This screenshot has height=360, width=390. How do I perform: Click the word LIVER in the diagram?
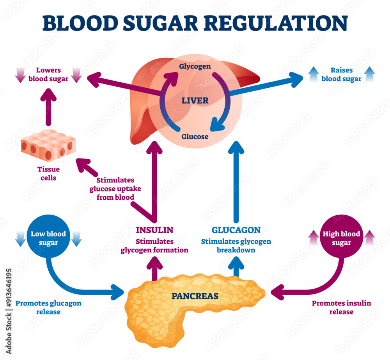click(x=195, y=101)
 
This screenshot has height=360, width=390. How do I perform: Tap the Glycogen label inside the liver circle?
click(x=195, y=66)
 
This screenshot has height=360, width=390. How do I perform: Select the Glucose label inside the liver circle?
click(x=195, y=137)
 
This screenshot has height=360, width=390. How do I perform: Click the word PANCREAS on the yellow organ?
click(x=195, y=296)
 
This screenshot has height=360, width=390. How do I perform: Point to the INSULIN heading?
click(x=154, y=230)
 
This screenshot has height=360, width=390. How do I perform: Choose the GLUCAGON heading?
click(x=236, y=230)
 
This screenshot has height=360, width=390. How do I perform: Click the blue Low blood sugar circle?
click(x=48, y=238)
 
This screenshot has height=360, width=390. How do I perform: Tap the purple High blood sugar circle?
click(x=341, y=238)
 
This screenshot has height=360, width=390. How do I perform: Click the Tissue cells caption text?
click(x=48, y=174)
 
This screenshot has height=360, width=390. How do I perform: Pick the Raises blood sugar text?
click(x=341, y=74)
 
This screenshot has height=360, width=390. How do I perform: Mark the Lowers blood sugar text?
click(x=48, y=74)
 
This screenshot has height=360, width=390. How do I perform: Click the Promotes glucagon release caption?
click(x=48, y=307)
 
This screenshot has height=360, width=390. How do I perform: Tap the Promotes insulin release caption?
click(x=341, y=307)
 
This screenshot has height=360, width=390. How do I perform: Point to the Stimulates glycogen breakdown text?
click(x=236, y=246)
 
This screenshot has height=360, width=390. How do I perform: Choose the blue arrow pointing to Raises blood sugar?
click(x=265, y=85)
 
